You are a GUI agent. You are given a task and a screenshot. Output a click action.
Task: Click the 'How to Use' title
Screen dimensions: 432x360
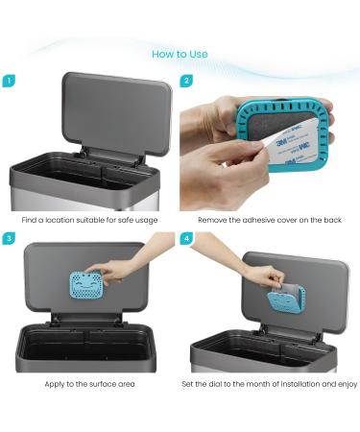180,54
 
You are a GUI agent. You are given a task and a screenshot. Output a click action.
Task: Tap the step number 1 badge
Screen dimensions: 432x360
9,82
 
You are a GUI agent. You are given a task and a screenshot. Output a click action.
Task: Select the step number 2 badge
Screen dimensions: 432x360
188,82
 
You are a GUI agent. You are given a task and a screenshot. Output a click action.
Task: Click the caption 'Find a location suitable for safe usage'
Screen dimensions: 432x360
89,220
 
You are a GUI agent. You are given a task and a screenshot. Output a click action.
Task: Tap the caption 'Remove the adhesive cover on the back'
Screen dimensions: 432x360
269,220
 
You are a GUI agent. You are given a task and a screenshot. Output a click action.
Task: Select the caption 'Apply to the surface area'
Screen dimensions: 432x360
89,384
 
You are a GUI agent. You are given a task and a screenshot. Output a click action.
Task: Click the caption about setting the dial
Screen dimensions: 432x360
269,384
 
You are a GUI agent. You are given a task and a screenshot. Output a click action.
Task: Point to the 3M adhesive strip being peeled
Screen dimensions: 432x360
282,147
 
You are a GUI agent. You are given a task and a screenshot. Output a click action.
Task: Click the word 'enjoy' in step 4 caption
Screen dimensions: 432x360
347,384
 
